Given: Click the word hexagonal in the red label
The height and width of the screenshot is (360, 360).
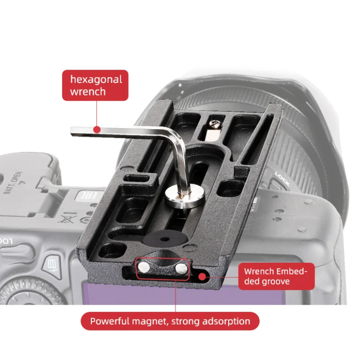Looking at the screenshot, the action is point(96,80).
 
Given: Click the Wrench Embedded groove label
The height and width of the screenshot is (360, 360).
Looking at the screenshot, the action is point(276,276).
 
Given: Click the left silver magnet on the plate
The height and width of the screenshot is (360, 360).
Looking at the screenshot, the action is point(143,268).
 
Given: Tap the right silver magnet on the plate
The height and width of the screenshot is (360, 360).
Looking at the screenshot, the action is point(181,269).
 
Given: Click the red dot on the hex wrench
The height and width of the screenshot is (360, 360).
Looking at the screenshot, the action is point(96,130).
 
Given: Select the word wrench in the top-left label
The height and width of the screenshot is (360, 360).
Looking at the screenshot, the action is point(88,91).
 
